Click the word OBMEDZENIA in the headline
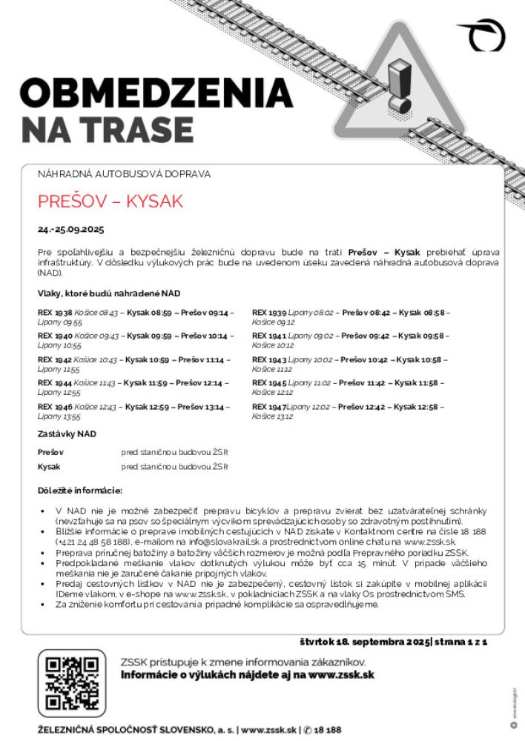156,93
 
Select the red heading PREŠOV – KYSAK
110,202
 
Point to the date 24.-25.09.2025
71,228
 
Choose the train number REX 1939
269,313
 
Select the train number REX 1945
269,383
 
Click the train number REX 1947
268,407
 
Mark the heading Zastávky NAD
67,433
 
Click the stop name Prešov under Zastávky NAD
50,451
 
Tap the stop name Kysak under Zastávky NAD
49,467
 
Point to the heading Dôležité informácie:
79,491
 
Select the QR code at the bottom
71,683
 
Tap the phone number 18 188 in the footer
327,730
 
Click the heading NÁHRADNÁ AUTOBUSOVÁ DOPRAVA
124,174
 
